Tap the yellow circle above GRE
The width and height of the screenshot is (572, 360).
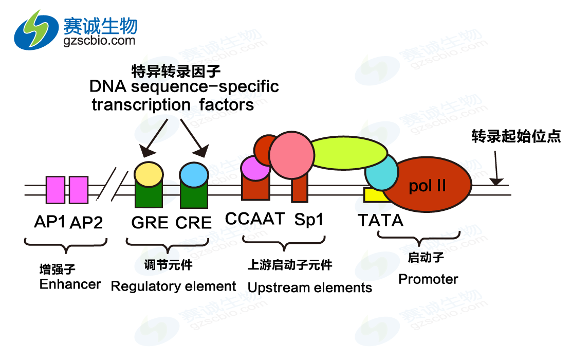click(149, 174)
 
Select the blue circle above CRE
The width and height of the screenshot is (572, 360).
click(194, 174)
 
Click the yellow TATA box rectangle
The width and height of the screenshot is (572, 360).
click(373, 194)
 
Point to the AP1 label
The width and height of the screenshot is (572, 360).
click(49, 222)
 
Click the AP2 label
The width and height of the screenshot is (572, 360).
click(86, 222)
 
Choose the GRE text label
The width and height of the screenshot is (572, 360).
click(150, 222)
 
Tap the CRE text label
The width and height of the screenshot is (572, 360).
click(194, 222)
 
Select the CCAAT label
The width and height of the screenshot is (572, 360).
click(255, 219)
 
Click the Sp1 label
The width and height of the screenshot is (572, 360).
click(309, 220)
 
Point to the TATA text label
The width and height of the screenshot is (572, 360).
click(380, 221)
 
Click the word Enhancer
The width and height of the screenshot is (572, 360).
click(70, 284)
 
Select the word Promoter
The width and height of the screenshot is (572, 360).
click(428, 279)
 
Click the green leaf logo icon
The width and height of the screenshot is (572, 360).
click(36, 29)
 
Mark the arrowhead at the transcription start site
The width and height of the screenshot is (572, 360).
click(496, 181)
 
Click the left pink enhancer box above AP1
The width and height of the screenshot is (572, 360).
click(56, 190)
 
